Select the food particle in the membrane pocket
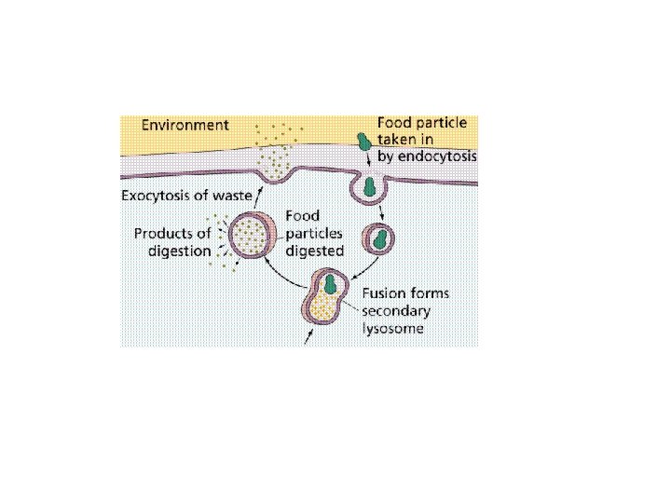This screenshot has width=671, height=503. point(370,186)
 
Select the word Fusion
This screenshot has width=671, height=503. point(382,293)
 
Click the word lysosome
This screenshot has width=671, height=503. point(392,329)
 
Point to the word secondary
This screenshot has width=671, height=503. point(398,311)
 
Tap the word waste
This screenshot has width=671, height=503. point(236,196)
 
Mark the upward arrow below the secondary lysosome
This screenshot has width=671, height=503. point(310,338)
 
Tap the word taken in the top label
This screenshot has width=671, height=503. point(397,140)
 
